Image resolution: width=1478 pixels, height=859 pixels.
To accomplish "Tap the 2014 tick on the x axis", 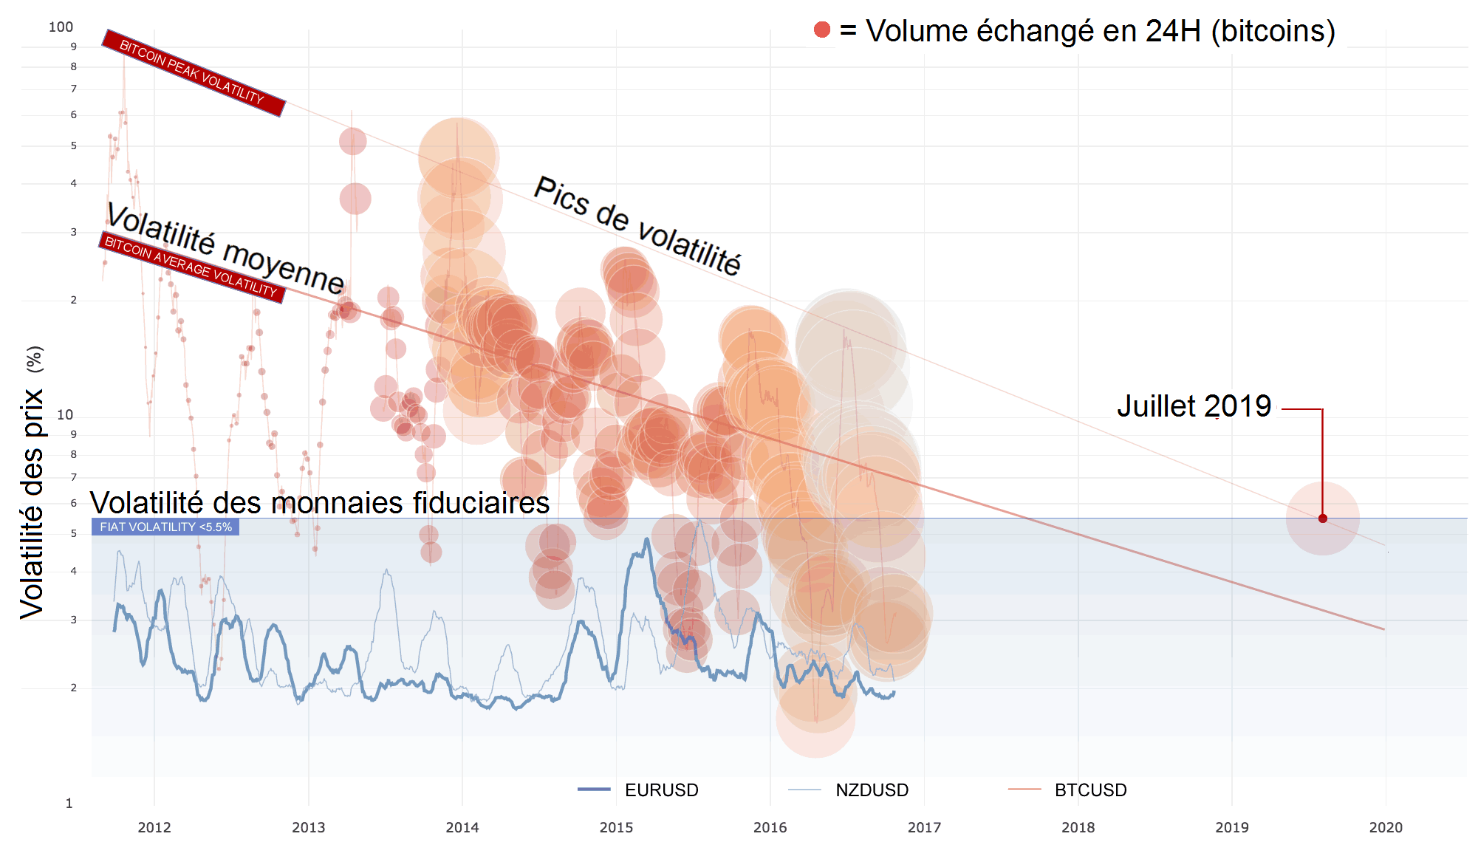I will point(462,828).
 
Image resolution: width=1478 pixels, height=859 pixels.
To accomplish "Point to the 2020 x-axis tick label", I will point(1385,828).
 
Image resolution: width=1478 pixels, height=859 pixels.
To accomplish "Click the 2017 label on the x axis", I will point(924,828).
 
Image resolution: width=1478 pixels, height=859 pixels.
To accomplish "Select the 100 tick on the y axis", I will point(61,27).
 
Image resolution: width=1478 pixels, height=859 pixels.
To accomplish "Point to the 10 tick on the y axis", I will point(65,415).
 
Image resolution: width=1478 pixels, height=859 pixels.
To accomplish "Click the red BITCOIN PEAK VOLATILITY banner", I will point(193,73).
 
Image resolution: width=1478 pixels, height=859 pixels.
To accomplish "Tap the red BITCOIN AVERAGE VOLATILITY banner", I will point(191,267).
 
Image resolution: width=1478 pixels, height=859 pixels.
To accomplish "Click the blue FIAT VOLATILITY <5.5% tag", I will point(165,527).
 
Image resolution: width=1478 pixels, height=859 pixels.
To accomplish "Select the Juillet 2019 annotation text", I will point(1194,406).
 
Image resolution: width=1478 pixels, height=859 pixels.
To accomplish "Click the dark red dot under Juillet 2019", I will point(1322,519).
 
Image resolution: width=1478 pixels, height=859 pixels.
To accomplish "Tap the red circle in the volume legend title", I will point(821,30).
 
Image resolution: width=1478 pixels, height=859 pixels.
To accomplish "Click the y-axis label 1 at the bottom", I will point(69,804).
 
